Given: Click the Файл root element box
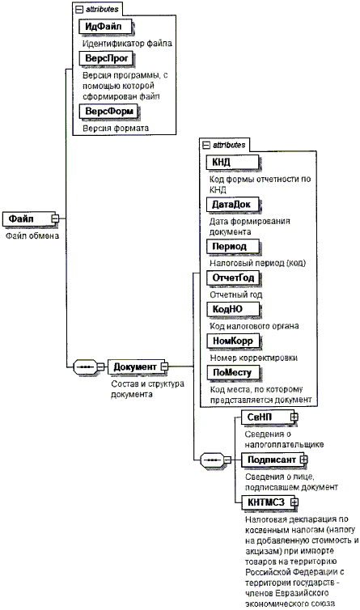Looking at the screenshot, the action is (x=30, y=219).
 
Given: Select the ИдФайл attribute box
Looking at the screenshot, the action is (x=106, y=27).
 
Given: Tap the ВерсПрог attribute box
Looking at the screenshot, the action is (x=106, y=58).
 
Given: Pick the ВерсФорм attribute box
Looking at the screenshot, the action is (x=109, y=112).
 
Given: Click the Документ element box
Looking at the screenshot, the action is (x=137, y=366).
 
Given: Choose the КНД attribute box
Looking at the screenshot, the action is (x=233, y=163).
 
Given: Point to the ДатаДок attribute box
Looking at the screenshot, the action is (x=234, y=205).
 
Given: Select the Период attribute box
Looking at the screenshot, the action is (x=233, y=247).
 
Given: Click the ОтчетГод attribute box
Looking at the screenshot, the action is (x=234, y=278).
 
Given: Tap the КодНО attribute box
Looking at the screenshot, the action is (x=233, y=310).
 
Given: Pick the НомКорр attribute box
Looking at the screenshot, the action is (x=234, y=341).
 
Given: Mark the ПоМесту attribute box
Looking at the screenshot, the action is (x=233, y=373).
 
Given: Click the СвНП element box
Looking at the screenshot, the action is (x=269, y=417).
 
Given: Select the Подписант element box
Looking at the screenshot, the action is (x=273, y=460).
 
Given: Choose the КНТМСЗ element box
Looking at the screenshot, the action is (x=269, y=502).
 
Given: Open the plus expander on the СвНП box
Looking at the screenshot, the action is (x=294, y=417).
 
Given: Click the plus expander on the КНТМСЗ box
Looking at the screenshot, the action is (x=294, y=502).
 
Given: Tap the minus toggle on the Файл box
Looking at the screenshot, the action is (x=55, y=218).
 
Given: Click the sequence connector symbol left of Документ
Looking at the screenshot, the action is (x=85, y=366).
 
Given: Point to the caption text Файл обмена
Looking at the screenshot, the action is (x=32, y=236).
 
